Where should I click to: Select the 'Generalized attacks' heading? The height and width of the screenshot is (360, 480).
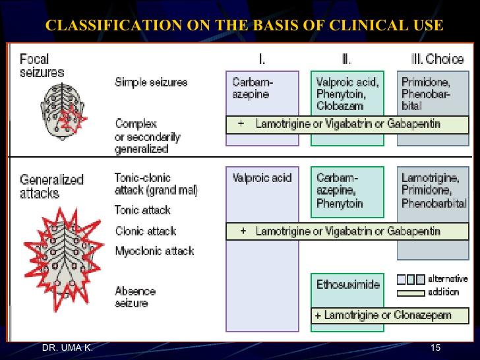coord(51,186)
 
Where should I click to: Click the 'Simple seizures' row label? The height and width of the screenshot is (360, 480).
coord(151,82)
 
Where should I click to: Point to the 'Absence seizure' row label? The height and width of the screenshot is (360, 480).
coord(135,297)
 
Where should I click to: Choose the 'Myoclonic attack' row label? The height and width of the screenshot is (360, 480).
coord(154,251)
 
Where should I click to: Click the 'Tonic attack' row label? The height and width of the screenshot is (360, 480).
coord(142,210)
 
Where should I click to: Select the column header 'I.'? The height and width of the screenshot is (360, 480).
coord(262,60)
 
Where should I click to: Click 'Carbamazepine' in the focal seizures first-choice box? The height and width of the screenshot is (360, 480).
coord(253,88)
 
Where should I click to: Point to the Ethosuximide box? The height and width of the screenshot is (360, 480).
coord(348,285)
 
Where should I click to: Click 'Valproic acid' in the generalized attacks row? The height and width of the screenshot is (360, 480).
coord(262,178)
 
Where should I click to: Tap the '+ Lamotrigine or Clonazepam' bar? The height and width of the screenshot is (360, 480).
coord(382,315)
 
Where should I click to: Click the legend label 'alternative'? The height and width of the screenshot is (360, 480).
coord(448,279)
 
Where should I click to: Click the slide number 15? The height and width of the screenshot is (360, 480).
coord(435,347)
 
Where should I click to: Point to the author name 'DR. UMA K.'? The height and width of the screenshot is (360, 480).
coord(67,347)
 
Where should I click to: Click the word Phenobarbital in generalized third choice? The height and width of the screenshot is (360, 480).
coord(433,204)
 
